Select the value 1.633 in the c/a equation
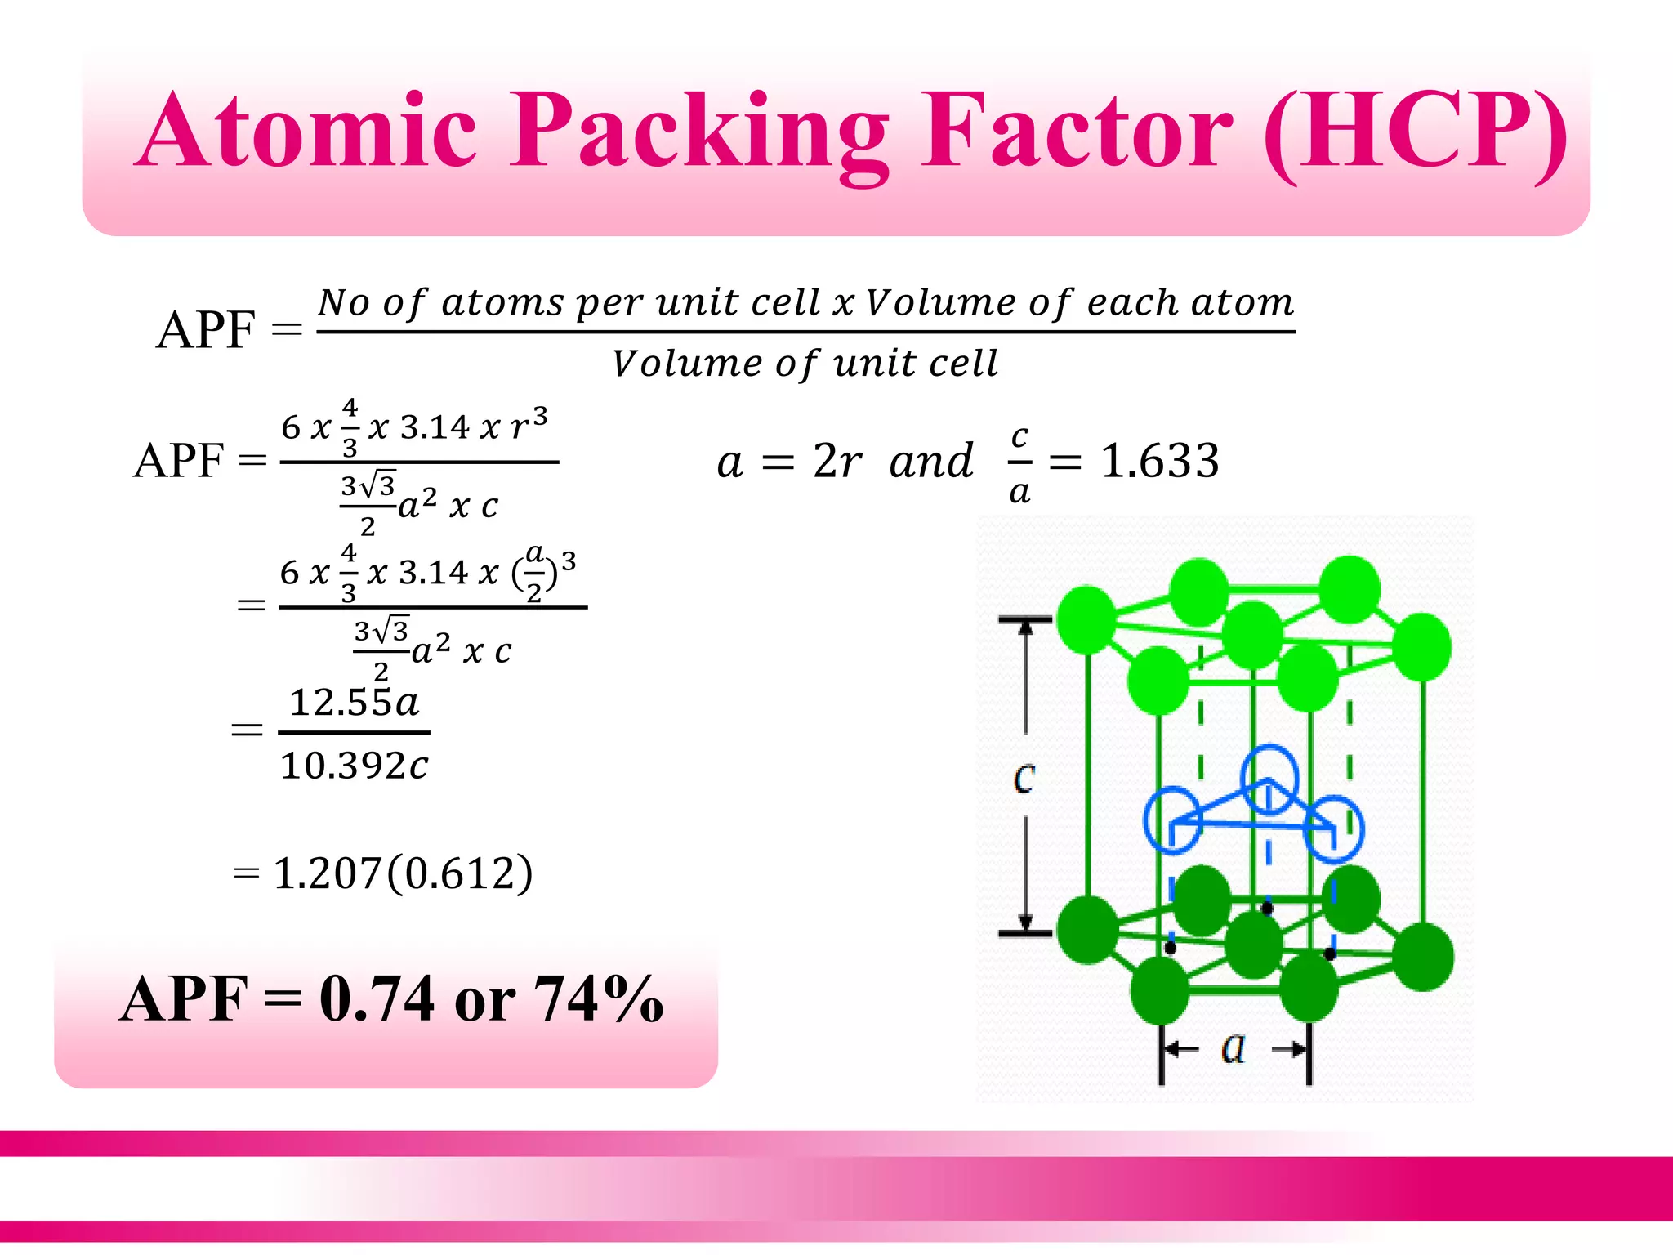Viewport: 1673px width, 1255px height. (x=1160, y=461)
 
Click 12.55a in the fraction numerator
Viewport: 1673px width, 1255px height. (x=355, y=703)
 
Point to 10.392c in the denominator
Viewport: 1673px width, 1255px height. (x=354, y=766)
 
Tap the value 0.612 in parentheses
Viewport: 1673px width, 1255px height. (x=460, y=873)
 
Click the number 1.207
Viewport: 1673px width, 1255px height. (x=327, y=873)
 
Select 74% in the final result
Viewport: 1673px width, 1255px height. (x=598, y=998)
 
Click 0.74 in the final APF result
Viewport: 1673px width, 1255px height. (x=377, y=998)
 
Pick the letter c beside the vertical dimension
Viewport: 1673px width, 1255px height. (x=1024, y=778)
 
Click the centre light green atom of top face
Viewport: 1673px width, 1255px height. (x=1252, y=635)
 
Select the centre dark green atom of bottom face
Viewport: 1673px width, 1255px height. (x=1254, y=945)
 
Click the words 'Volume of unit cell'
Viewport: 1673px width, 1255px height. (x=805, y=364)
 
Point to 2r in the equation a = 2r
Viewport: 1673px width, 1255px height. (x=836, y=461)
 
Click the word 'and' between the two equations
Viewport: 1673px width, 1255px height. (x=931, y=461)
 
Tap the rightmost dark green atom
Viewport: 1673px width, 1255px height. (x=1423, y=957)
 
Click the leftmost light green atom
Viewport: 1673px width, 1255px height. (x=1086, y=619)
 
